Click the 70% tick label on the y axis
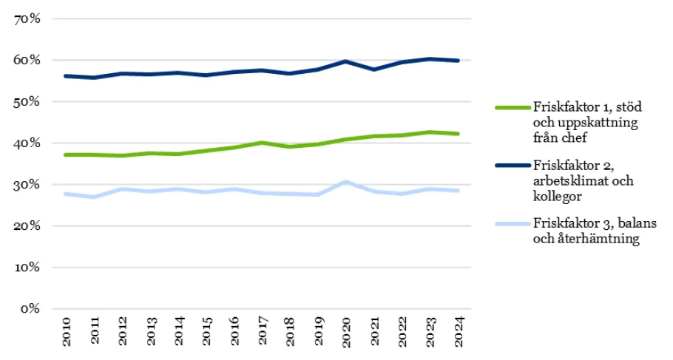(x=27, y=19)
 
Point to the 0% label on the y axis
(x=30, y=309)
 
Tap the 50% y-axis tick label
(x=27, y=102)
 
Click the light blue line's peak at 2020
(x=346, y=181)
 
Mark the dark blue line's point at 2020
(x=346, y=61)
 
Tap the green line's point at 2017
(x=262, y=143)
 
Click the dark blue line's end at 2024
(x=459, y=61)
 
